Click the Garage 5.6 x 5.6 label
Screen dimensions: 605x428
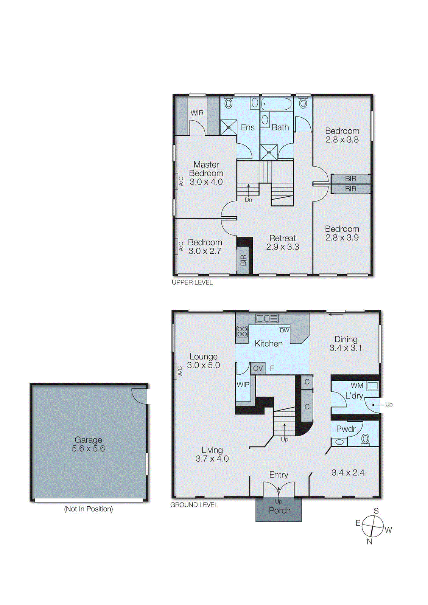coord(88,444)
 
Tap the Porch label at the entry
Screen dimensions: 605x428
coord(280,510)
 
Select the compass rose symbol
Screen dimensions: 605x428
coord(373,526)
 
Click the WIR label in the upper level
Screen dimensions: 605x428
coord(197,113)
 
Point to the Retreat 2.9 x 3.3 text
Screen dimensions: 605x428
coord(282,242)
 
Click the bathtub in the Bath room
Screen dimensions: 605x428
coord(277,104)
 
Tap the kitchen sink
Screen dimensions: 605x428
coord(267,318)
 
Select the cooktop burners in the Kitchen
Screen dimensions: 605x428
coord(242,332)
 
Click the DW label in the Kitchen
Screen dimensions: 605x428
coord(284,330)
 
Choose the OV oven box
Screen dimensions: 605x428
coord(258,368)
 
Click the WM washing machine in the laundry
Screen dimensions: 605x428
coord(372,386)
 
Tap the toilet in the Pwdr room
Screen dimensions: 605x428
coord(365,439)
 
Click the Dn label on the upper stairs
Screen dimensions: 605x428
coord(248,200)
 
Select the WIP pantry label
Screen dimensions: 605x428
coord(243,385)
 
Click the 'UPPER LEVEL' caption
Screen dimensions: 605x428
coord(192,282)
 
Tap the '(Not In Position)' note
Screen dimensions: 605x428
coord(89,509)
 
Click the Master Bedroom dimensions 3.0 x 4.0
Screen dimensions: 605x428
coord(206,182)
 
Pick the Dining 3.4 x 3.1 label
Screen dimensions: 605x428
coord(346,344)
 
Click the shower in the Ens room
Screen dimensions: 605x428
coord(229,127)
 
